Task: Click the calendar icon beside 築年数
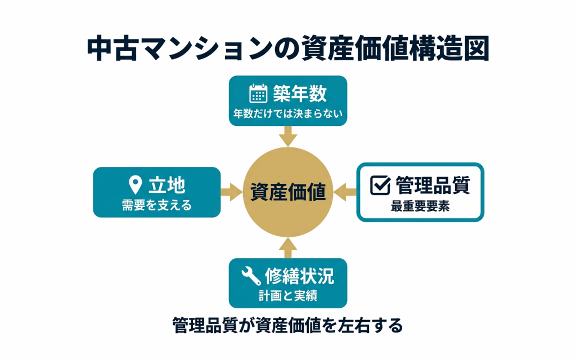(258, 93)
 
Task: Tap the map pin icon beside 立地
(135, 184)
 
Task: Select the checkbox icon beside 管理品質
(380, 184)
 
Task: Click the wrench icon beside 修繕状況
(251, 276)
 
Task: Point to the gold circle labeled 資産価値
(288, 192)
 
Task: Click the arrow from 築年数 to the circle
(288, 136)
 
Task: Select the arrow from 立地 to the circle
(231, 192)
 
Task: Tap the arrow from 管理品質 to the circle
(345, 192)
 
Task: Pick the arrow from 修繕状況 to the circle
(288, 247)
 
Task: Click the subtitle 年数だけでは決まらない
(288, 113)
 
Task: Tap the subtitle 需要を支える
(157, 205)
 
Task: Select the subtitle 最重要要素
(420, 206)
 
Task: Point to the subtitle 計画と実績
(288, 296)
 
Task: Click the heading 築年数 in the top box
(300, 93)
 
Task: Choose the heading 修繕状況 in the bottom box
(299, 276)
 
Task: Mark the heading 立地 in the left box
(166, 184)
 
